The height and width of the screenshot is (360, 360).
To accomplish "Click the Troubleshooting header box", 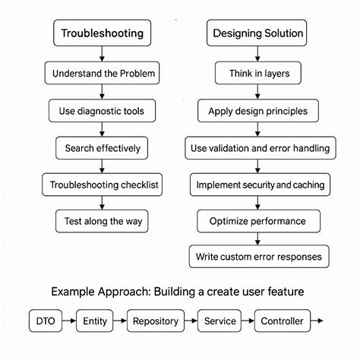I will [x=101, y=33].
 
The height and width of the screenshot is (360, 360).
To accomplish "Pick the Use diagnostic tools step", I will [x=101, y=111].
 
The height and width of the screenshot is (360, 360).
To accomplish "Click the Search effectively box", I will [x=101, y=147].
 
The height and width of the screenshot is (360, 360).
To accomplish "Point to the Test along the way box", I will [x=101, y=221].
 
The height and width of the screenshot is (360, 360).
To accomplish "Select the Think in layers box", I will [x=257, y=74].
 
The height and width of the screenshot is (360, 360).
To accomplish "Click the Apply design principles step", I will [x=257, y=111].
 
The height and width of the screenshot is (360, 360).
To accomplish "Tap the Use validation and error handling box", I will [x=259, y=147].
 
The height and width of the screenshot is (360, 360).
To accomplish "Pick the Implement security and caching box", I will [x=259, y=185].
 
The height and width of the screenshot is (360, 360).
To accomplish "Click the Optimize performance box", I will [x=257, y=221].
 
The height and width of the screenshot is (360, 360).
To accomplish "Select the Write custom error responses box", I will [x=259, y=257].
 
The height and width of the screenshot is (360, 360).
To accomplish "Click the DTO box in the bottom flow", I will [x=46, y=321].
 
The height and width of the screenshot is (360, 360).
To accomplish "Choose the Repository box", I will [x=155, y=321].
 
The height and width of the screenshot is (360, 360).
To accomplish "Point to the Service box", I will [x=219, y=321].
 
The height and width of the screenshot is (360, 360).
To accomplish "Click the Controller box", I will [x=282, y=321].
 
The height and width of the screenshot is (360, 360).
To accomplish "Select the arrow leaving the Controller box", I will [x=318, y=321].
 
